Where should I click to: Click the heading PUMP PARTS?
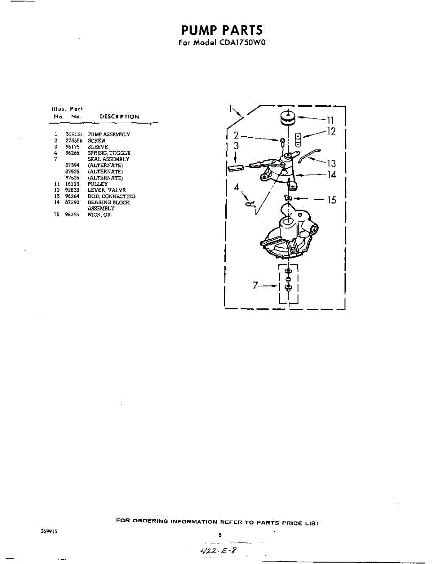pos(222,30)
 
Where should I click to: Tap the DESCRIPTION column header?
pos(119,117)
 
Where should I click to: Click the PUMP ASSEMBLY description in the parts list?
pos(109,134)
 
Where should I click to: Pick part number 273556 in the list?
pos(74,141)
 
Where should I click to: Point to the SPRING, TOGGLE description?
pos(109,153)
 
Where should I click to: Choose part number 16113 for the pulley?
pos(72,184)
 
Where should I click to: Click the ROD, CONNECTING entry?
pos(111,196)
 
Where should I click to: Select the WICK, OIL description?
pos(100,215)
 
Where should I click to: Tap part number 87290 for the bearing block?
pos(72,203)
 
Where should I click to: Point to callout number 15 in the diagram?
pos(331,200)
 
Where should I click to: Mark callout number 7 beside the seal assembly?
pos(256,285)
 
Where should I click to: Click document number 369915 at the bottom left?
pos(49,531)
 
